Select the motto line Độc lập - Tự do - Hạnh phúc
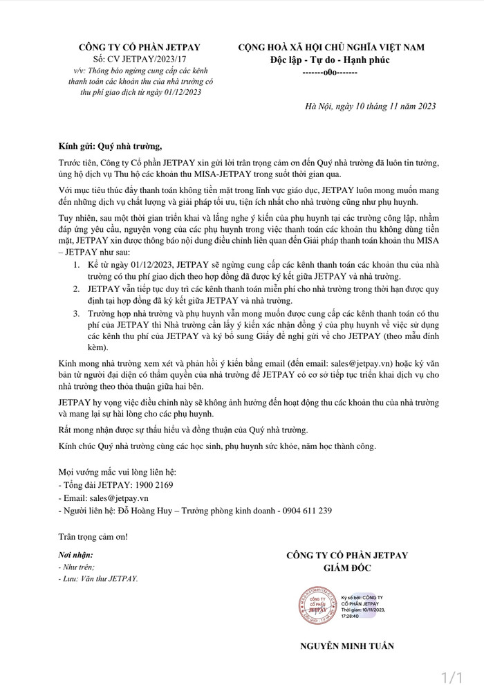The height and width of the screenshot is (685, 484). tap(331, 60)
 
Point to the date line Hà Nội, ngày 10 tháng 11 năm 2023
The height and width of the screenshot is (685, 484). tap(370, 106)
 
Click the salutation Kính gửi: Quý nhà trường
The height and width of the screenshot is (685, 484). tap(110, 147)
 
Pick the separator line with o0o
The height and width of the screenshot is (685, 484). tap(330, 73)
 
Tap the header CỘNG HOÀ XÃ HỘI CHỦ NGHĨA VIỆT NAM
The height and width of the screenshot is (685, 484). tap(331, 47)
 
